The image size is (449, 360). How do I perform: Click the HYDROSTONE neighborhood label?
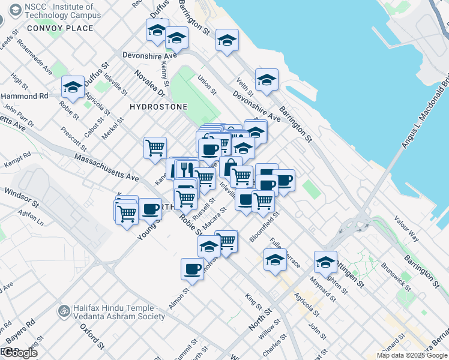click(158, 107)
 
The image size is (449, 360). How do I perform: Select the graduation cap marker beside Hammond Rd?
click(73, 88)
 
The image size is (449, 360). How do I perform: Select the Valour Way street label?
click(406, 229)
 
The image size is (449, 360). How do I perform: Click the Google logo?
click(19, 353)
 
